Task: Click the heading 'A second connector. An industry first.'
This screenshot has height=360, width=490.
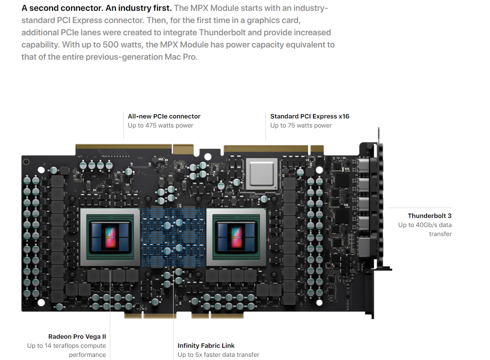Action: tap(97, 8)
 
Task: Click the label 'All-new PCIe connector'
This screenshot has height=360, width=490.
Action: tap(164, 116)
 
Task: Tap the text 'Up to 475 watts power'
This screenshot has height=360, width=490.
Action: tap(160, 125)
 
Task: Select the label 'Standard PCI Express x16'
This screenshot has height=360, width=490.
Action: tap(309, 116)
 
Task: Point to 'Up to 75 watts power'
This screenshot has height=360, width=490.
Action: tap(301, 125)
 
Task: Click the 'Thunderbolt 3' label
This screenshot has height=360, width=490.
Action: tap(429, 216)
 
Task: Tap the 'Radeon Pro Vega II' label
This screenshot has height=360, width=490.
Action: tap(77, 336)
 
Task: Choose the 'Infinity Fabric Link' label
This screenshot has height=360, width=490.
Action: tap(206, 346)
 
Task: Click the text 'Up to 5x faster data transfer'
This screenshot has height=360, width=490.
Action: tap(218, 355)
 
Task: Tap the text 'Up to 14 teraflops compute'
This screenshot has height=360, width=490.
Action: tap(67, 346)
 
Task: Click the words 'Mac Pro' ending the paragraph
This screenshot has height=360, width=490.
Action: tap(181, 57)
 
